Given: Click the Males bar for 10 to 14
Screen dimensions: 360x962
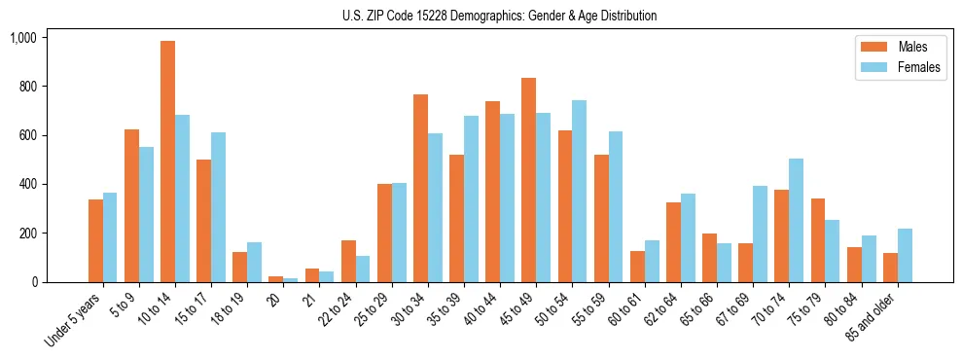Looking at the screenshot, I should [x=168, y=162].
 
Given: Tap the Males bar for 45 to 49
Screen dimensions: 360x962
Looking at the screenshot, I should [x=529, y=180].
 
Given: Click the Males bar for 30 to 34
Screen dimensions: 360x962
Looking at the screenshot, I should [x=420, y=189].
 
